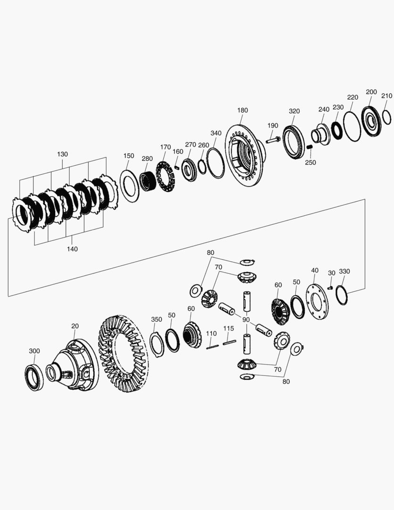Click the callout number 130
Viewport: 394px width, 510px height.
(62, 154)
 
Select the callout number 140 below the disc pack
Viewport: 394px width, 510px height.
(72, 249)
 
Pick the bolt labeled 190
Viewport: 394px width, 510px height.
(273, 140)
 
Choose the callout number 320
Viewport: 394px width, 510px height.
(294, 111)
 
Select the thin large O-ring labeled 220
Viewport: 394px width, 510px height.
(352, 126)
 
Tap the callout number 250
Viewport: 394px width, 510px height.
(310, 162)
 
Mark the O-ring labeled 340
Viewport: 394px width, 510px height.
(216, 163)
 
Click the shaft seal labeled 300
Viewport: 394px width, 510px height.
(34, 377)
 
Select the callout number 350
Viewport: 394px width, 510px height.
(157, 319)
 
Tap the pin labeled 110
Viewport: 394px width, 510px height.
(212, 347)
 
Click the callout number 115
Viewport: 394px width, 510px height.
(228, 328)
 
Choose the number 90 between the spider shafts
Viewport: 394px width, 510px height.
(246, 320)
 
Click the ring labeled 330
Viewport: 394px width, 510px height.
(342, 295)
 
